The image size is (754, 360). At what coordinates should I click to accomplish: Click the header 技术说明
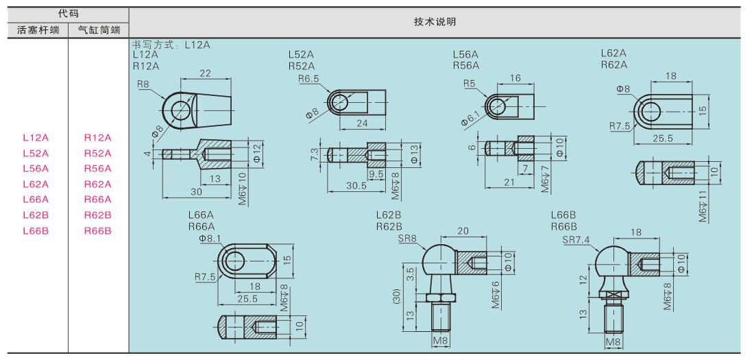click(x=435, y=21)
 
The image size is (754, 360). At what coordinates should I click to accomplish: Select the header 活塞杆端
click(x=38, y=31)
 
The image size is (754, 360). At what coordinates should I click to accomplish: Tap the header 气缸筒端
click(x=99, y=31)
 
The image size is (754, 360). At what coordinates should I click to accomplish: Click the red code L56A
click(x=36, y=169)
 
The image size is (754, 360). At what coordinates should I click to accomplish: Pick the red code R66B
click(x=97, y=230)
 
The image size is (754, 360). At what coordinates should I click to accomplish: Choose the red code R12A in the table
click(x=97, y=138)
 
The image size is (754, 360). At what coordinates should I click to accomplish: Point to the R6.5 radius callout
click(x=308, y=78)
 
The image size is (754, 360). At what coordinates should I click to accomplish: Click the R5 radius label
click(x=470, y=84)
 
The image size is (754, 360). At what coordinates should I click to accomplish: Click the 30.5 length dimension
click(x=357, y=185)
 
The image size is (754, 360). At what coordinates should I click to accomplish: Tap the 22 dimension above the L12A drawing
click(x=206, y=73)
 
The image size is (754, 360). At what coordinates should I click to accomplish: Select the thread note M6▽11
click(x=705, y=205)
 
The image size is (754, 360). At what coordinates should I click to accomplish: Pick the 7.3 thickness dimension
click(x=315, y=155)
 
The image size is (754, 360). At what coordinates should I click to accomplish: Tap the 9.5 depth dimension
click(x=376, y=173)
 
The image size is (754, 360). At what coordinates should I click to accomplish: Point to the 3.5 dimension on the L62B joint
click(x=411, y=274)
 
